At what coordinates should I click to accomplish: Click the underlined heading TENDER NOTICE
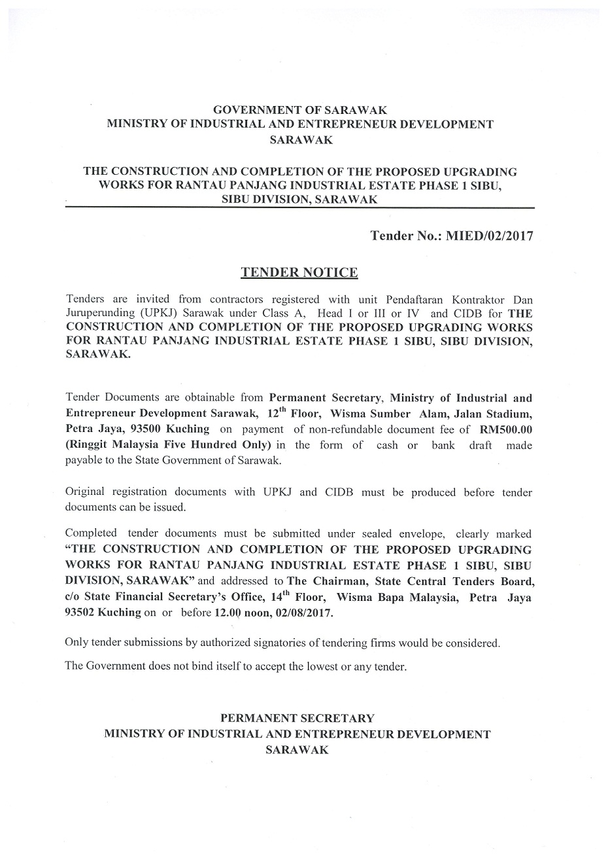tap(299, 272)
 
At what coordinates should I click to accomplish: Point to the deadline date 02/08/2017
tap(305, 613)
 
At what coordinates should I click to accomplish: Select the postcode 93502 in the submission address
tap(80, 613)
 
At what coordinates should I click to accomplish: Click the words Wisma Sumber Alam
tap(375, 414)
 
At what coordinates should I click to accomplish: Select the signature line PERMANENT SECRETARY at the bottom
tap(297, 719)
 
